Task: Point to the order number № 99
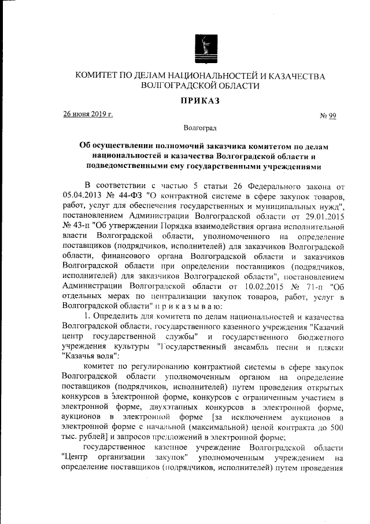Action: (x=328, y=116)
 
